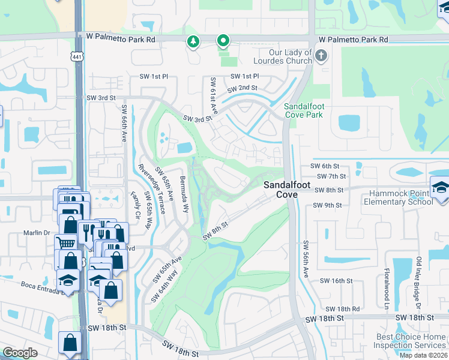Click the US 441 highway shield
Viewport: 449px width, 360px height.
(77, 56)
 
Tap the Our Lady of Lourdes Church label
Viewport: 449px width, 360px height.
(283, 56)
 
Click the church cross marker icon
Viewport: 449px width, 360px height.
(321, 56)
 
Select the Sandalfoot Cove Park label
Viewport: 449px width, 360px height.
(303, 110)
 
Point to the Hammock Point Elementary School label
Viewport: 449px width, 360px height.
(398, 197)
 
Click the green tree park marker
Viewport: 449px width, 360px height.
(193, 41)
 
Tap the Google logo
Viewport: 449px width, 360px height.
(20, 353)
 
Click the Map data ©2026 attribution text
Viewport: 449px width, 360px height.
(423, 355)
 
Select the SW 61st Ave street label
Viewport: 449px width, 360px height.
(212, 95)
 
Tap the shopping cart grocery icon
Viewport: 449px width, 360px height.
(65, 242)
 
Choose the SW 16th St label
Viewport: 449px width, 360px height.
(335, 280)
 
